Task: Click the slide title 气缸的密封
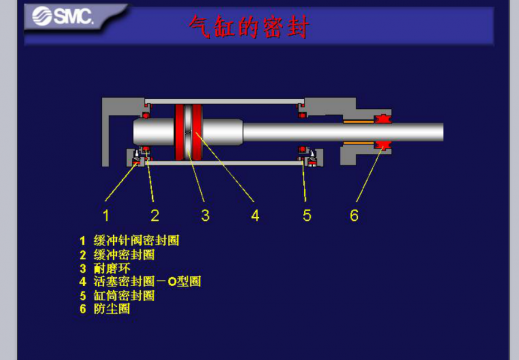[249, 28]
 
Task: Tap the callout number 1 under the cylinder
[105, 214]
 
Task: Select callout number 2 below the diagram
[155, 214]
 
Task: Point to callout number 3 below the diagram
[204, 214]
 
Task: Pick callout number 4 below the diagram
[255, 214]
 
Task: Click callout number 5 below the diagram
[307, 214]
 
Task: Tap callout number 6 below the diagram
[354, 214]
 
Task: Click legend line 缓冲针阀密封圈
[130, 241]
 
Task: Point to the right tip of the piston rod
[440, 132]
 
